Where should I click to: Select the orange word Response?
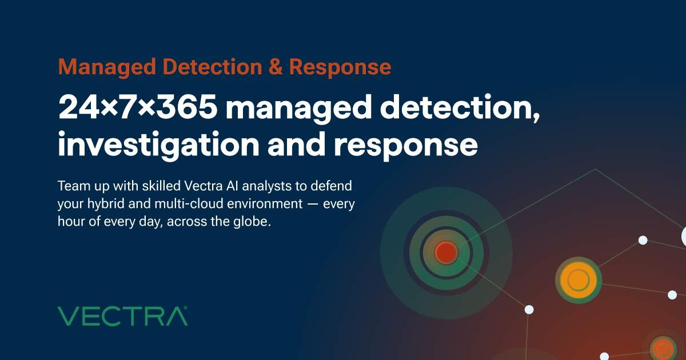(340, 67)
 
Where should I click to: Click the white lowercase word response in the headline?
(405, 146)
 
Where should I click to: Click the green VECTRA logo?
(122, 316)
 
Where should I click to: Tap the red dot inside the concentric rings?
(446, 252)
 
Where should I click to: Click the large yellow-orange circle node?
(578, 280)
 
